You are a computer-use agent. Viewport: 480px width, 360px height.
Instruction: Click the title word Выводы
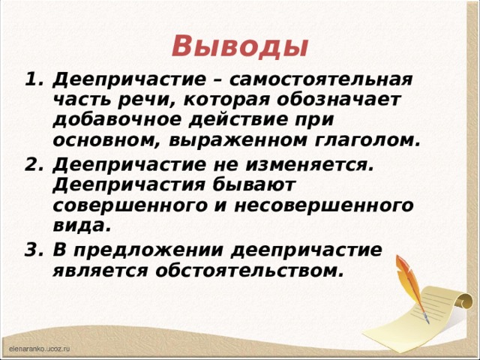click(239, 46)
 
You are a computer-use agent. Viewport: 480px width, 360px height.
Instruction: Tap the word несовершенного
click(333, 205)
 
